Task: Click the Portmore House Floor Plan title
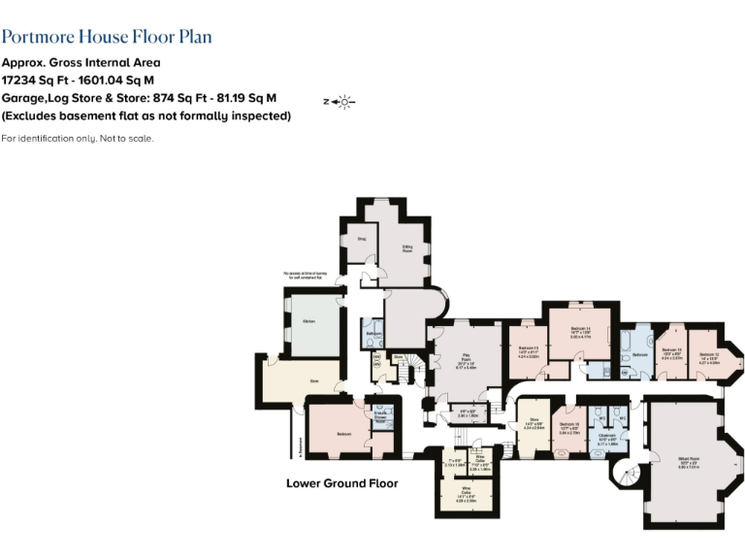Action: point(107,37)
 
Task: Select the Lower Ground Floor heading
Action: point(341,482)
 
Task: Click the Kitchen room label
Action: point(308,320)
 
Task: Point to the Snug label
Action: point(361,237)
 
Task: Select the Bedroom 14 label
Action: point(582,330)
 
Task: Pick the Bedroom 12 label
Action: point(709,355)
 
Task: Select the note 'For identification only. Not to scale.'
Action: point(78,138)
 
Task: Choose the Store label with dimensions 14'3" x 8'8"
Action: point(532,422)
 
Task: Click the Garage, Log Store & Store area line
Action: point(139,98)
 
